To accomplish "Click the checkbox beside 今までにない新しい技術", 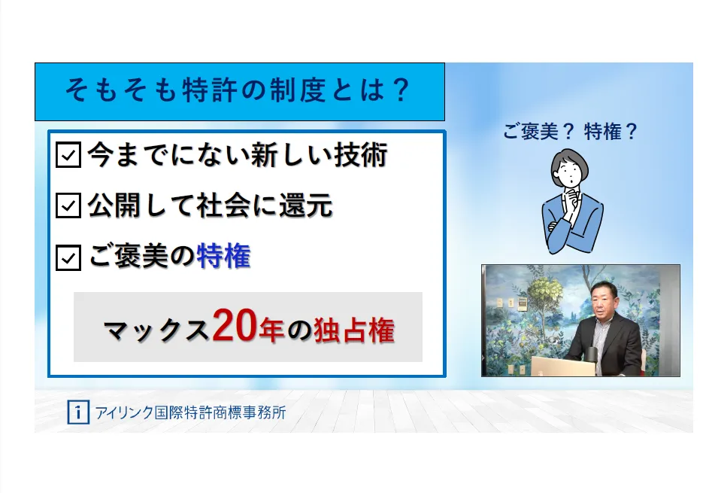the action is click(68, 155).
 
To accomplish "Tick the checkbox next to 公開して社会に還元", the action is click(68, 205).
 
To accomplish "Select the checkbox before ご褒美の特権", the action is click(68, 257).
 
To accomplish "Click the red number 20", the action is click(235, 325).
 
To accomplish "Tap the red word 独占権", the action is click(354, 330).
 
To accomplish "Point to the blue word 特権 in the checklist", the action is click(224, 256).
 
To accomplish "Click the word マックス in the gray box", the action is click(156, 330).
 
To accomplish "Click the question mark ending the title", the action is click(400, 90).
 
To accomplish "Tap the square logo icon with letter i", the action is click(78, 412).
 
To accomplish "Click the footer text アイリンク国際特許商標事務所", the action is click(190, 412).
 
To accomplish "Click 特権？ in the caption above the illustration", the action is click(611, 132).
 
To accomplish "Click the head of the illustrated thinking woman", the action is click(570, 168).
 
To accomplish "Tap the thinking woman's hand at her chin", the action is click(573, 198).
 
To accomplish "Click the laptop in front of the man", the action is click(562, 366).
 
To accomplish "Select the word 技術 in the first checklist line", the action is click(361, 155).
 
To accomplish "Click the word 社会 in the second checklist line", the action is click(223, 205).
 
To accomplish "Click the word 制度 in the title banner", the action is click(297, 90).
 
